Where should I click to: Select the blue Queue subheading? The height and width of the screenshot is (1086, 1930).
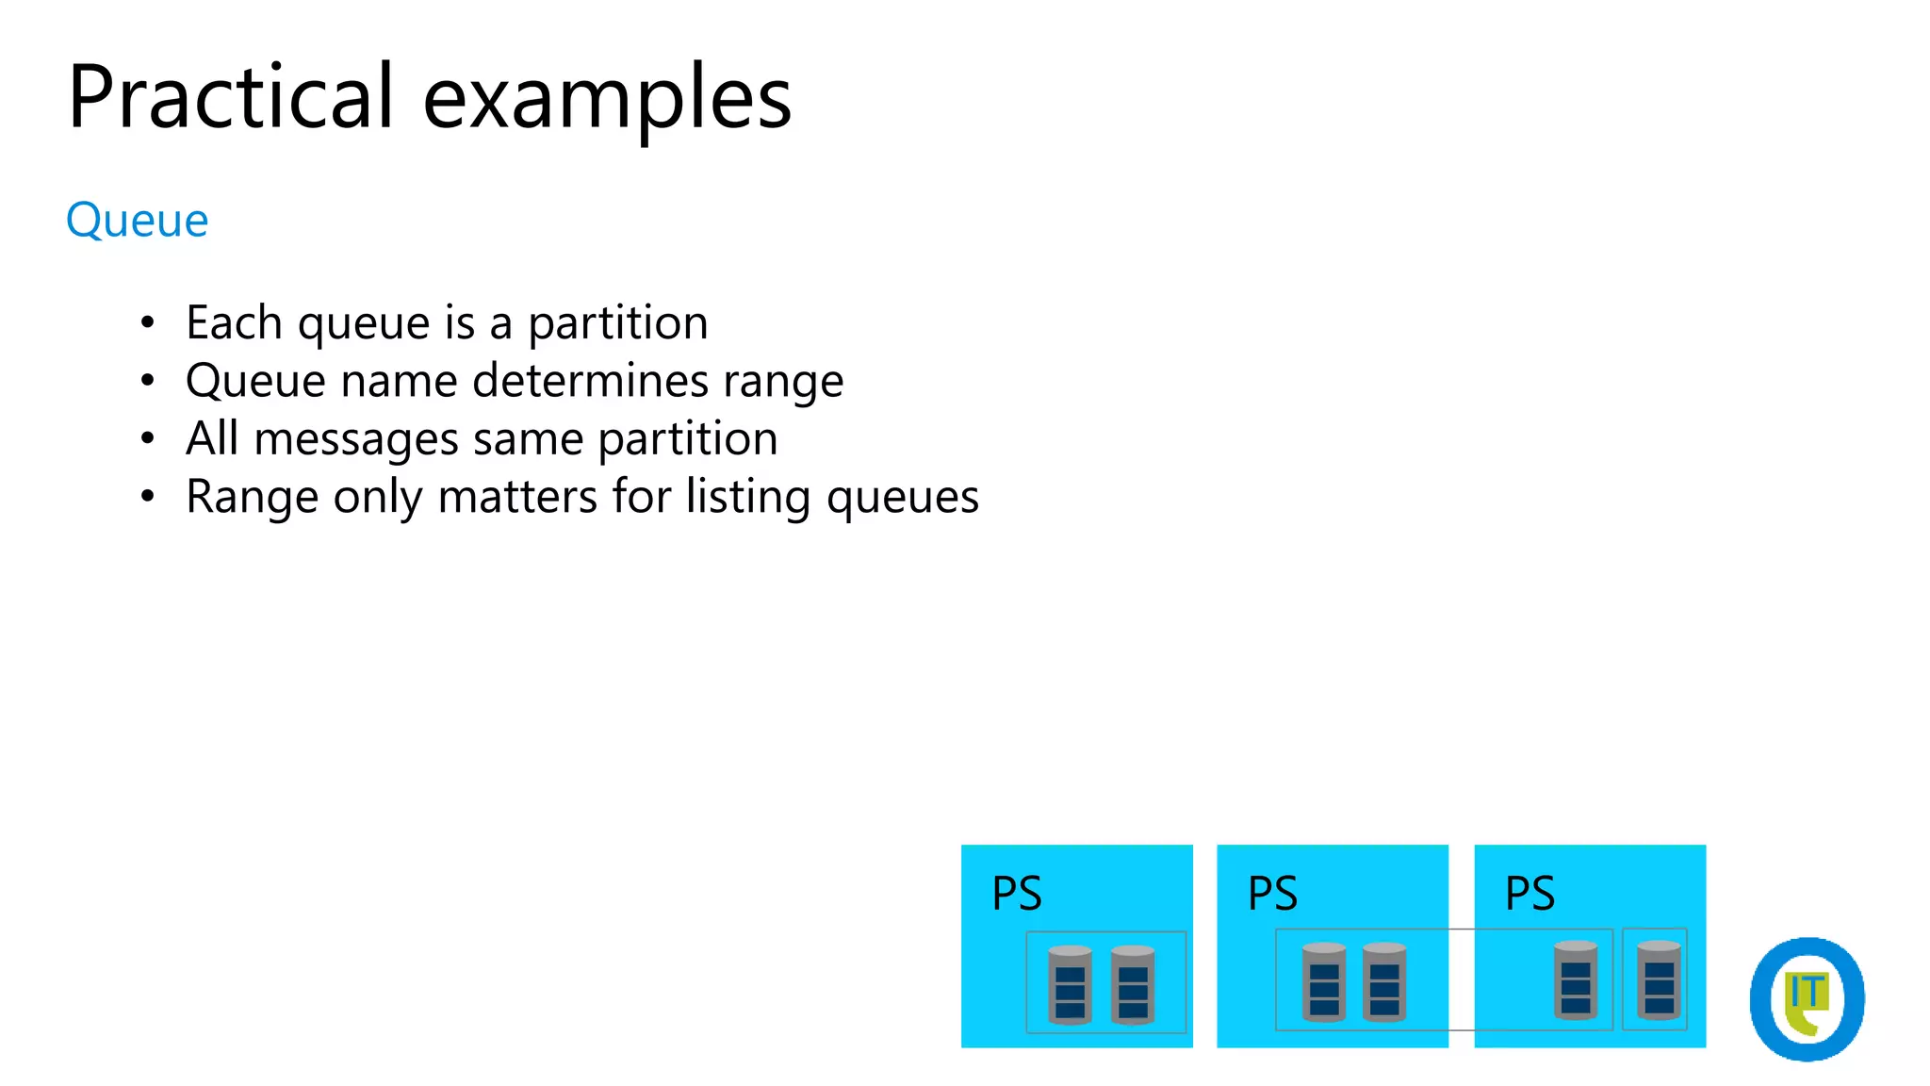click(x=138, y=221)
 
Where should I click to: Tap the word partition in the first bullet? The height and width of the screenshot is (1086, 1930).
click(x=617, y=323)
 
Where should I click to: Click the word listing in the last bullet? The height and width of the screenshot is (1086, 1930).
click(x=747, y=497)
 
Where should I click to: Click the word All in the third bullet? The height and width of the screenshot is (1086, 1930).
click(x=212, y=438)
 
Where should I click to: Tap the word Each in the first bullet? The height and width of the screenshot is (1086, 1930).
click(x=234, y=323)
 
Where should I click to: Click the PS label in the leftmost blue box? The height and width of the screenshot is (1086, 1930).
click(x=1017, y=893)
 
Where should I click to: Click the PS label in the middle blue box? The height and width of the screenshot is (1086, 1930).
click(x=1272, y=893)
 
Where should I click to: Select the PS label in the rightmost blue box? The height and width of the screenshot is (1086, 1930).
click(x=1529, y=893)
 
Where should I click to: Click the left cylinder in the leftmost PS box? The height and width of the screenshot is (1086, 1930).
click(x=1070, y=984)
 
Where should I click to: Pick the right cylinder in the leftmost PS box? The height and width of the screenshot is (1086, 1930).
click(x=1133, y=984)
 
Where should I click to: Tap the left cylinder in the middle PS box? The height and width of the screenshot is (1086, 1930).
click(x=1324, y=981)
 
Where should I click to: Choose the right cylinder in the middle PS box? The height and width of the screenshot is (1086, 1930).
click(x=1384, y=981)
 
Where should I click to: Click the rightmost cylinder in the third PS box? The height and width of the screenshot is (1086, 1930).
click(x=1659, y=979)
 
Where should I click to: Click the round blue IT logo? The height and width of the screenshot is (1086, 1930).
click(x=1807, y=998)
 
